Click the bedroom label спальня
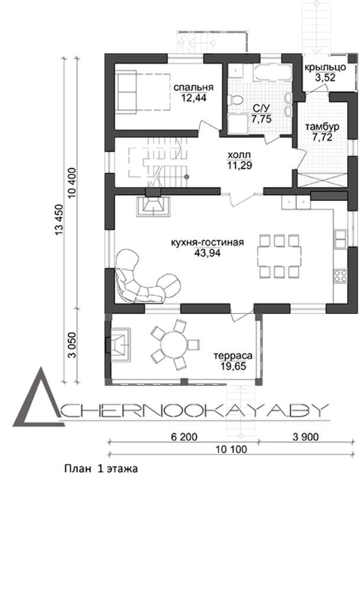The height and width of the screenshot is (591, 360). pos(193,87)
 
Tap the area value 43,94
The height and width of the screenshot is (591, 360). pos(207,252)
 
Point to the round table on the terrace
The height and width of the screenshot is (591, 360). pos(174,344)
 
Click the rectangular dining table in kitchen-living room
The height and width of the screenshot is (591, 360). pos(280,256)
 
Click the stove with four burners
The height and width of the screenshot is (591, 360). pos(340,276)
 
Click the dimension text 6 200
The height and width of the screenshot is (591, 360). pos(184,437)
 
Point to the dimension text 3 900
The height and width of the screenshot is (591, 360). pos(306,437)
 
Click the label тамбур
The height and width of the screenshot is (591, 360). pos(322,126)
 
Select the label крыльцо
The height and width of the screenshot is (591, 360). pos(325,68)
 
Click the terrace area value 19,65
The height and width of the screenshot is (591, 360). pos(233,366)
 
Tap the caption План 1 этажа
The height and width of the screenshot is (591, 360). pos(101,469)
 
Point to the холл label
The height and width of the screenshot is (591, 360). pos(239,155)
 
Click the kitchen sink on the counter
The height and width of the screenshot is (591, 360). pos(340,238)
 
